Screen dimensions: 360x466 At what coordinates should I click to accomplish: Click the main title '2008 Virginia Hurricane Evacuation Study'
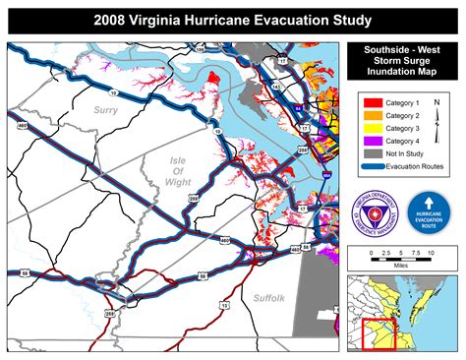233,19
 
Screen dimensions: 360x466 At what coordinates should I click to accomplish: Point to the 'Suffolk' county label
268,296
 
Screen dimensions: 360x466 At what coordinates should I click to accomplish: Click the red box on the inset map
377,333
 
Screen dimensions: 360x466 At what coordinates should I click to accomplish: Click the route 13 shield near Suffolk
225,305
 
